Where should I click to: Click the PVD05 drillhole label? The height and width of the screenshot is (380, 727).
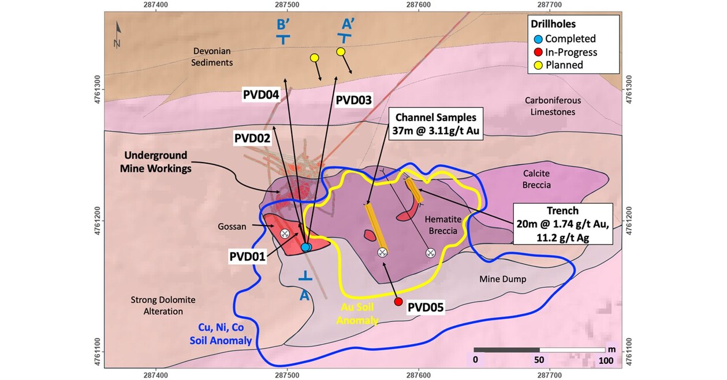426,307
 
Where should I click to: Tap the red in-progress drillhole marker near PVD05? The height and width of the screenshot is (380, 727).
398,302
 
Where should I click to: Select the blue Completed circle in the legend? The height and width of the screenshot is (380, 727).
538,39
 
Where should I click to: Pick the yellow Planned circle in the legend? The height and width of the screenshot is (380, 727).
538,65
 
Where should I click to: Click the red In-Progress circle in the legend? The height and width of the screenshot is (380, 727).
538,52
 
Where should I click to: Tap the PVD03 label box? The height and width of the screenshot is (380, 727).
353,99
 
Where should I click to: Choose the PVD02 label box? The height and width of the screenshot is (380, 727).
253,138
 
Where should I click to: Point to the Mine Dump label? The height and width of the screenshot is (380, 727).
503,279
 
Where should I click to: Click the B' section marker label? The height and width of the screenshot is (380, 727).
283,25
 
